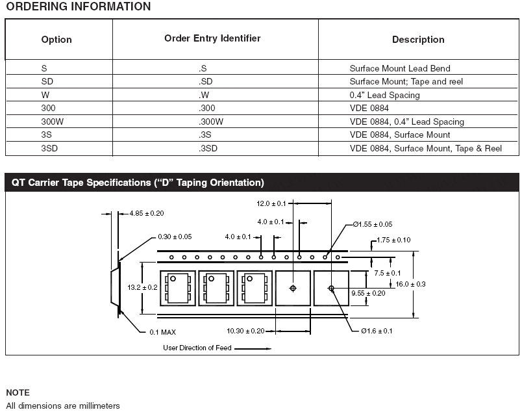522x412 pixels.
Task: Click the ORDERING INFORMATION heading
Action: point(78,7)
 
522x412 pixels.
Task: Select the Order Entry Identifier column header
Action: point(212,38)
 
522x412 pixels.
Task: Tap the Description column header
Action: point(418,40)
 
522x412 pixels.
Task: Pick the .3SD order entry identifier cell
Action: point(208,149)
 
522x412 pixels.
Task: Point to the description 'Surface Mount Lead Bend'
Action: point(400,68)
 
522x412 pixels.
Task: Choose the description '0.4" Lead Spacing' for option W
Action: point(385,95)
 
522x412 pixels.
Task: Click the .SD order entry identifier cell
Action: point(206,81)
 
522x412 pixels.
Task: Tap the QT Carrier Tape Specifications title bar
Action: point(138,183)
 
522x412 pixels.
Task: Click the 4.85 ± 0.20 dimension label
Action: point(147,213)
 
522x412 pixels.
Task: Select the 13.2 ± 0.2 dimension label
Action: point(142,287)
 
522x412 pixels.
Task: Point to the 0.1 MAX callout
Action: point(162,332)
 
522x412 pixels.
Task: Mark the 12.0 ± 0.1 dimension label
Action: point(272,203)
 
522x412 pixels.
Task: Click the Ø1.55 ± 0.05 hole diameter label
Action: point(373,224)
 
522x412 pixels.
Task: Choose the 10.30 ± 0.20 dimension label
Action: point(245,331)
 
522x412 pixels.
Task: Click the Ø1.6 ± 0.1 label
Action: point(377,331)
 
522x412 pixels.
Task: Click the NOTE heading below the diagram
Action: point(18,393)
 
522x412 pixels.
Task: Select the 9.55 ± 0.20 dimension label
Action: point(368,293)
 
